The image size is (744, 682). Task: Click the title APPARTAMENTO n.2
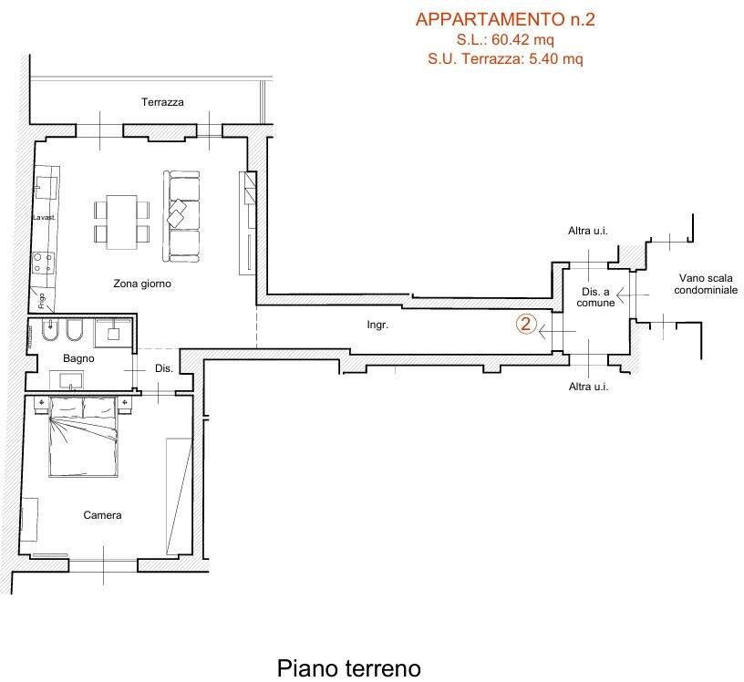(x=504, y=19)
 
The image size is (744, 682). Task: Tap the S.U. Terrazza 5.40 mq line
(x=504, y=58)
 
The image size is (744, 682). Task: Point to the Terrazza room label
(x=162, y=102)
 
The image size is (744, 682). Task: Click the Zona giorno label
(x=142, y=284)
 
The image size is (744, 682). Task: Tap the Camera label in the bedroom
(x=102, y=515)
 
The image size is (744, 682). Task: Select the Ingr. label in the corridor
(x=377, y=325)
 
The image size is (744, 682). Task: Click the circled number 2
(x=525, y=324)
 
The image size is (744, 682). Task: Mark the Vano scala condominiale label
(x=708, y=284)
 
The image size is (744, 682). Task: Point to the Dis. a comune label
(x=594, y=297)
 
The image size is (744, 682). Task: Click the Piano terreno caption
(x=349, y=668)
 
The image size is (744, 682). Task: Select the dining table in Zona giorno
(x=121, y=221)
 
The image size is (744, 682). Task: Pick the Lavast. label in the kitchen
(x=44, y=218)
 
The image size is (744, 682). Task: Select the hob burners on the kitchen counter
(x=42, y=263)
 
